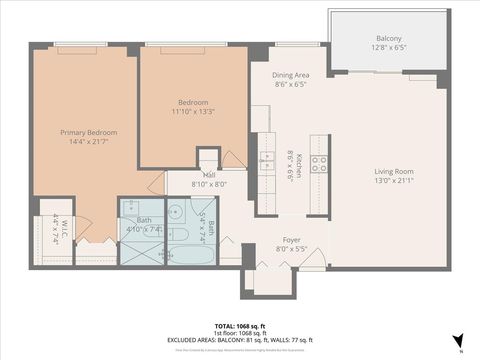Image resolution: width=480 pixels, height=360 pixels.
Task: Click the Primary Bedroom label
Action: pos(88,133)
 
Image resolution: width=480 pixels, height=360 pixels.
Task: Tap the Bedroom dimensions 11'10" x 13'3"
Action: pos(193,111)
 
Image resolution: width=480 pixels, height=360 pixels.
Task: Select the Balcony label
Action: pos(389,38)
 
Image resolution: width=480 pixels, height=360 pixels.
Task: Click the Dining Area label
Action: pos(291,75)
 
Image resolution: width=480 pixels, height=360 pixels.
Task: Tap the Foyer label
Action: pos(291,240)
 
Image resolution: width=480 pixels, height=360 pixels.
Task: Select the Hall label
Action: pos(188,174)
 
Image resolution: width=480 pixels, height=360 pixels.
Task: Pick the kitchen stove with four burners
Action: pos(319,163)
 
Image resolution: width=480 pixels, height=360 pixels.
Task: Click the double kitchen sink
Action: pos(267,162)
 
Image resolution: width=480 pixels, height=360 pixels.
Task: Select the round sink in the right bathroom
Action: pos(174,212)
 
